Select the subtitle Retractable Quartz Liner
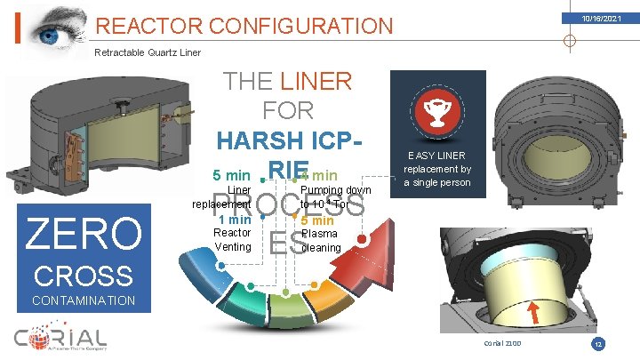tap(147, 52)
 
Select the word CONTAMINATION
tap(83, 300)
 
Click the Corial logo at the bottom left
tap(61, 338)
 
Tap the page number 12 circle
tap(598, 342)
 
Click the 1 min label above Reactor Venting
tap(234, 219)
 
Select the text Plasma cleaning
tap(320, 241)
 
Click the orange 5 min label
tap(317, 220)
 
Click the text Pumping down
tap(335, 189)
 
